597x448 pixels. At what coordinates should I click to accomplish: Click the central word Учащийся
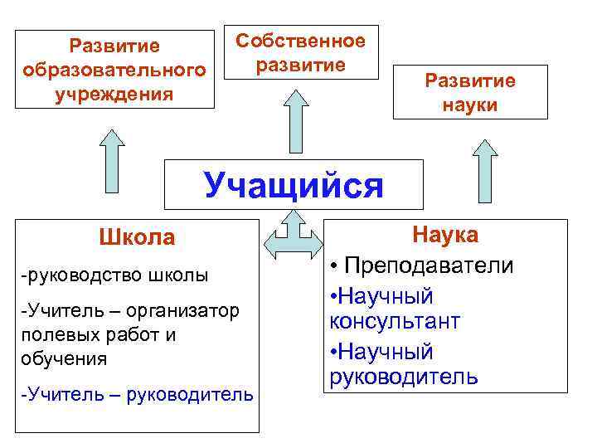tap(294, 185)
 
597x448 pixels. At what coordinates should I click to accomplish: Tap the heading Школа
tap(137, 238)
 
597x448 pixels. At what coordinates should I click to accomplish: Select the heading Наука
tap(445, 235)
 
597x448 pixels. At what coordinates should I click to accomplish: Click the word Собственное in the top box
tap(300, 41)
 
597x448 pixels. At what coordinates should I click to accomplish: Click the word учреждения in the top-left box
tap(114, 93)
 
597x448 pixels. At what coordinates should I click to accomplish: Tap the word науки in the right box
tap(470, 105)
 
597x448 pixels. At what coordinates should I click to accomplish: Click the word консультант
tap(394, 321)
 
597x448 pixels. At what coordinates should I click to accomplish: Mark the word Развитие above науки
tap(470, 80)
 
